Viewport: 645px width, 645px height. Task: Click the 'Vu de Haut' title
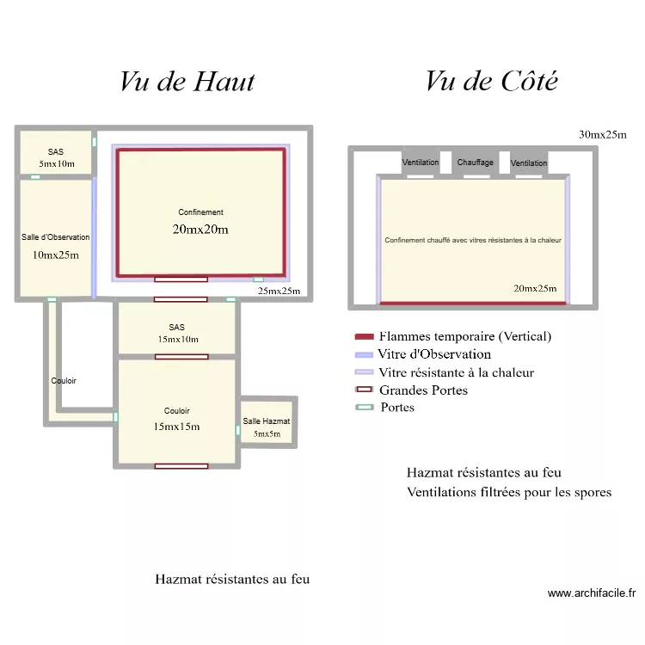click(x=187, y=81)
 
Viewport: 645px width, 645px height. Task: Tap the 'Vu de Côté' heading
click(x=491, y=81)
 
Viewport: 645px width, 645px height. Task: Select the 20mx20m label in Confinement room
click(x=200, y=230)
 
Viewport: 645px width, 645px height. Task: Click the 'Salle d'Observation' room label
click(x=56, y=237)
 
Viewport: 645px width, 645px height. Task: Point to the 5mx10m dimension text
click(x=56, y=163)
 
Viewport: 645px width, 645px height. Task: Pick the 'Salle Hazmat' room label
click(x=267, y=421)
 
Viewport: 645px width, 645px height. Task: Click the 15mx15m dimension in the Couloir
click(x=176, y=427)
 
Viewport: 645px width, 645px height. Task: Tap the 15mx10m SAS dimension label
click(x=176, y=339)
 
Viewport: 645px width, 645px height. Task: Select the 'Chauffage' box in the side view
click(x=475, y=163)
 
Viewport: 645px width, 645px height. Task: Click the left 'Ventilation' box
click(x=421, y=163)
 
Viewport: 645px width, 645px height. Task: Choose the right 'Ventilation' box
click(x=529, y=163)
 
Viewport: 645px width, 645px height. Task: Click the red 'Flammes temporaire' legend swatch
click(x=364, y=336)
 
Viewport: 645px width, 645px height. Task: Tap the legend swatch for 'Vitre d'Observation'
click(x=364, y=354)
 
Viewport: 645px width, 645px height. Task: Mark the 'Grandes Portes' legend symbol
click(x=364, y=390)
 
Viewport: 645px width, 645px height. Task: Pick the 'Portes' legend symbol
click(x=364, y=408)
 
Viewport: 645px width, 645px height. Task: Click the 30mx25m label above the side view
click(x=603, y=135)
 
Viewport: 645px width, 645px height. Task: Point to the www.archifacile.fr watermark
click(x=592, y=593)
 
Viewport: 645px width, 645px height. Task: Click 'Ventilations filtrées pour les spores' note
click(x=509, y=493)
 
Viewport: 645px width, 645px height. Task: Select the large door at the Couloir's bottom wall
click(x=181, y=466)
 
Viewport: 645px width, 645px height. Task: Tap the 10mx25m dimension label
click(x=56, y=255)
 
